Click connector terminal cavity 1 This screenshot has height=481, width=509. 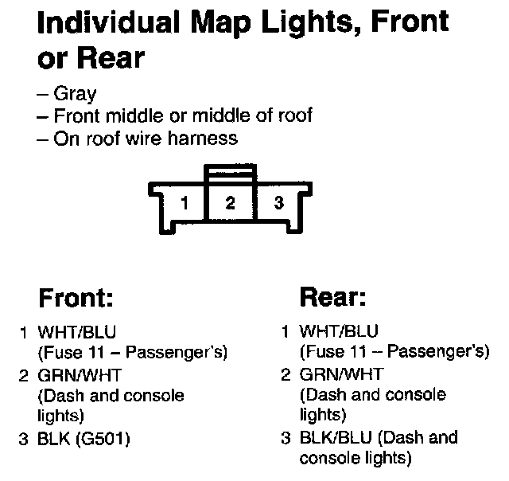tap(185, 203)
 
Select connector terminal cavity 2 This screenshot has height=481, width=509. tap(230, 203)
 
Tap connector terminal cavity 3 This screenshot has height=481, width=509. tap(278, 203)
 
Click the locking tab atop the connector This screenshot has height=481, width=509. tap(230, 172)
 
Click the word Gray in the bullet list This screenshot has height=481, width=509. tap(76, 94)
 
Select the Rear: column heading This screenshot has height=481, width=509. tap(332, 298)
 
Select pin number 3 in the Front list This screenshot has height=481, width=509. tap(24, 437)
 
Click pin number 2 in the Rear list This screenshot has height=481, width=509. tap(286, 373)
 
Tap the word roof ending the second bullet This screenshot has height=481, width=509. tap(293, 116)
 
